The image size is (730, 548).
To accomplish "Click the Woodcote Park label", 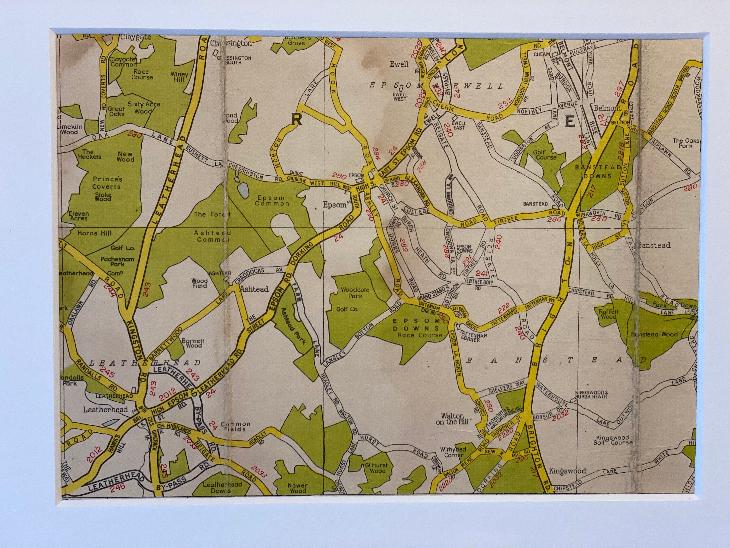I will point(355,293).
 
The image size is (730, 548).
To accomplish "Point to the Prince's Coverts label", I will point(107,183).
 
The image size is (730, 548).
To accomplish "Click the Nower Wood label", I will point(297,488).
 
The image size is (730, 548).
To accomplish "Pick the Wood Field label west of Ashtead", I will point(199,283).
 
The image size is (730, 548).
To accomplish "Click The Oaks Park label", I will point(685,143).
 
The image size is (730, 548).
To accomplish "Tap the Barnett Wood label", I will point(193,343).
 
